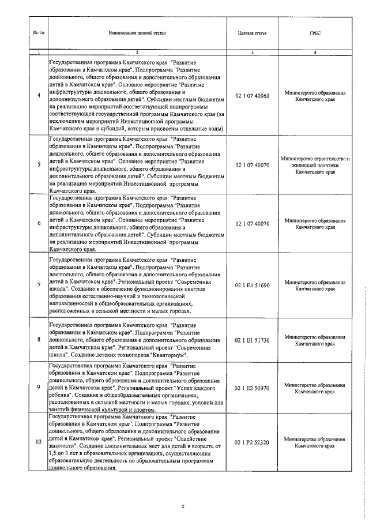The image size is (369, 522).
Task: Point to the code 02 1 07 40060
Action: pyautogui.click(x=252, y=95)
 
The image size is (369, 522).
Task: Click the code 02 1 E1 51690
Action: pyautogui.click(x=252, y=285)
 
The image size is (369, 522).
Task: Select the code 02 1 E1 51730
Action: pyautogui.click(x=252, y=340)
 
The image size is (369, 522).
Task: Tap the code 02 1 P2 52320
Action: pyautogui.click(x=252, y=442)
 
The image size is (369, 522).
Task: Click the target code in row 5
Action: pyautogui.click(x=252, y=164)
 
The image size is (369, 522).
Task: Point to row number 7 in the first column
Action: pyautogui.click(x=39, y=285)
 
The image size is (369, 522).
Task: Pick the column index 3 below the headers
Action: pyautogui.click(x=252, y=52)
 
